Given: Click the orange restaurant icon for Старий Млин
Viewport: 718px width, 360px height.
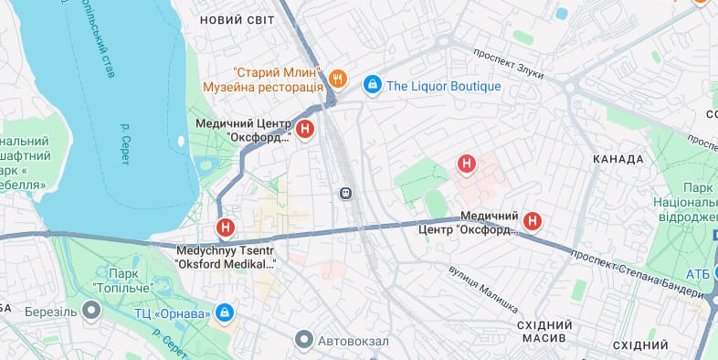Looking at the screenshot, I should tap(338, 79).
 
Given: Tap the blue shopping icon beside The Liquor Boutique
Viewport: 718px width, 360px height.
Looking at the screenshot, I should tap(372, 86).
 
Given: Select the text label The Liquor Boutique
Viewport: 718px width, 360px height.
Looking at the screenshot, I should tap(444, 86).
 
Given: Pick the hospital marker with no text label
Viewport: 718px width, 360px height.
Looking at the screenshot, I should tap(467, 164).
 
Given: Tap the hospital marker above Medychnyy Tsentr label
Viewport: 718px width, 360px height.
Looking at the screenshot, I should tap(225, 228).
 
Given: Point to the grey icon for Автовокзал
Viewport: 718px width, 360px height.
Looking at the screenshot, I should tap(304, 341).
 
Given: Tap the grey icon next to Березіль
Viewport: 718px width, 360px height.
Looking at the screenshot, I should tap(91, 311).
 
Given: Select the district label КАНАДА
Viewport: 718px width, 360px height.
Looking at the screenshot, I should tap(618, 159).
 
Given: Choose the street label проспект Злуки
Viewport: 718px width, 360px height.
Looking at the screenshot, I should tap(509, 64).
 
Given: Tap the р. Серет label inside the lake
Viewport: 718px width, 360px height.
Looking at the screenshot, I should tap(125, 143).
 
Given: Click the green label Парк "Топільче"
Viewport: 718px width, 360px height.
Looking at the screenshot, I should tap(126, 278).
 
